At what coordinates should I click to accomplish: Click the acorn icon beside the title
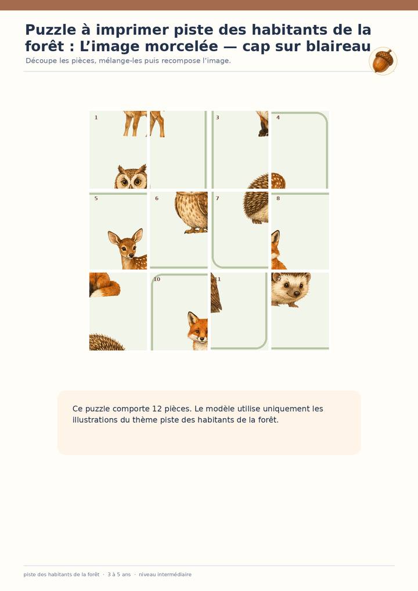383,61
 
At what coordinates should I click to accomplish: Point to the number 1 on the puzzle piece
96,118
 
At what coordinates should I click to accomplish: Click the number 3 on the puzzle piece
218,118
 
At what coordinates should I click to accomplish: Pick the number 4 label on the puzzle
278,118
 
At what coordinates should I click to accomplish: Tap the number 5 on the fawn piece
96,198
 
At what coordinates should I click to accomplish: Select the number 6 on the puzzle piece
157,198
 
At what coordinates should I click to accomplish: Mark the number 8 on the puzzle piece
278,198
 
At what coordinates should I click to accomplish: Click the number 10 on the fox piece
157,279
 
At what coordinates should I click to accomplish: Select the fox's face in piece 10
198,329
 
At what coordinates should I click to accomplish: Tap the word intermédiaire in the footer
165,574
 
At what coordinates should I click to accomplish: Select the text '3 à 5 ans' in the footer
119,574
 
